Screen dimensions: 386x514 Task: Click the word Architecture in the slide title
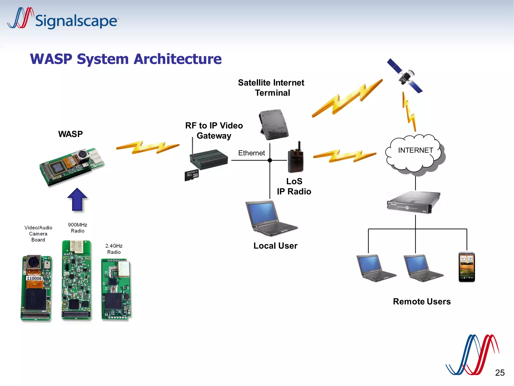[177, 59]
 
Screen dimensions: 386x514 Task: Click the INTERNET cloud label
[415, 150]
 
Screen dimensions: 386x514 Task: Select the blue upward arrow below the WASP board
[77, 200]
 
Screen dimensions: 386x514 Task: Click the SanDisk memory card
[192, 175]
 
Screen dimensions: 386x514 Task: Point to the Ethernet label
[251, 153]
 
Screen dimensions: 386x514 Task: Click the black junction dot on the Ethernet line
[270, 160]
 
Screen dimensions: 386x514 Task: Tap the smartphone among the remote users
[467, 267]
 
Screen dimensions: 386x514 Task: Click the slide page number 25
[500, 372]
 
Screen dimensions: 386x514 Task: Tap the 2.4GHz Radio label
[114, 249]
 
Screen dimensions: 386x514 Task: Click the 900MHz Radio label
[78, 228]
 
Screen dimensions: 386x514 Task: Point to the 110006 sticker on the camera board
[34, 278]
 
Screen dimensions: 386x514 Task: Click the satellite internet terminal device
[274, 124]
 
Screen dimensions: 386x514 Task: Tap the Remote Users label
[422, 301]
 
